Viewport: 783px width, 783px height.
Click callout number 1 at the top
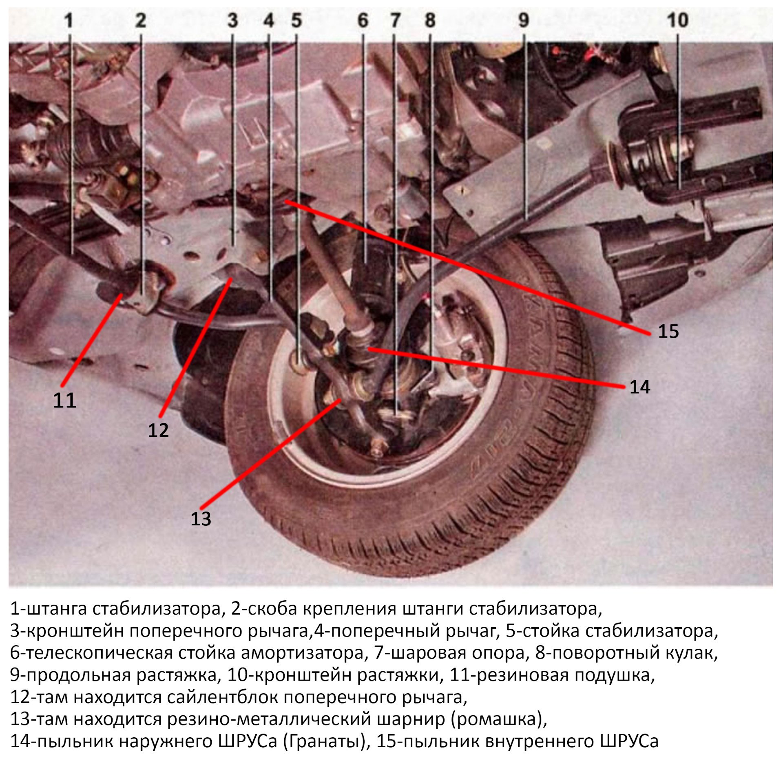69,20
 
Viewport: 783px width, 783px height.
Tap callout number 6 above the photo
363,20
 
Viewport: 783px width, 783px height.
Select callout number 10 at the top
677,20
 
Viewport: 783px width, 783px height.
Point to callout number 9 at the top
524,20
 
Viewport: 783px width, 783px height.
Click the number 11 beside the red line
64,400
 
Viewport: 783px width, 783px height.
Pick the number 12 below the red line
158,430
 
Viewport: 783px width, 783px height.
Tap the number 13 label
201,519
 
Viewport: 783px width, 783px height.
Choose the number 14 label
639,387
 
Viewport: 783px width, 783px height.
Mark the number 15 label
668,331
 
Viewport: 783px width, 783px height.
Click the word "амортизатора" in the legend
302,653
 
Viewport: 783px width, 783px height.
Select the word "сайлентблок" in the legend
223,697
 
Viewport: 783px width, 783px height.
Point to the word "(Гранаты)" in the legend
326,741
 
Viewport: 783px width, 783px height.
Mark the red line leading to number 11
92,339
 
